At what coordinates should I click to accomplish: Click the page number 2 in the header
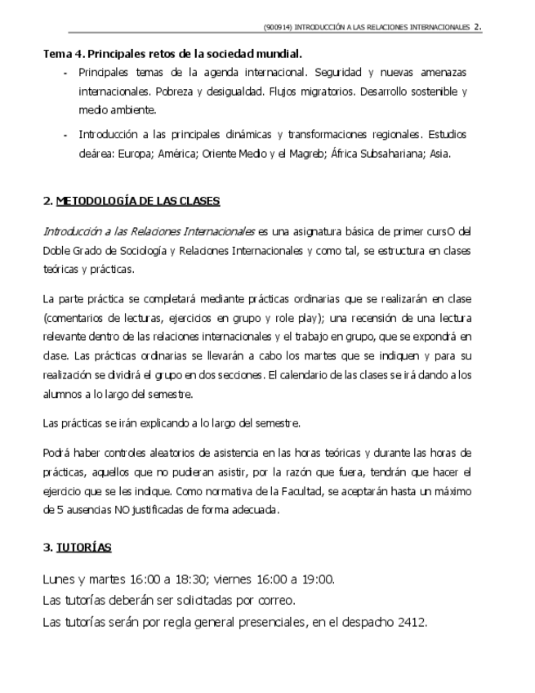(477, 26)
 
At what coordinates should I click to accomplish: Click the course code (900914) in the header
(278, 27)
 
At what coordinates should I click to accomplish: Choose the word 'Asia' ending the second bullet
(439, 153)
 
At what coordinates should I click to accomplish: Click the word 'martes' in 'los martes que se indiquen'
(323, 355)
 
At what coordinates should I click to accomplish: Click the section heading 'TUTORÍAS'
(83, 547)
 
